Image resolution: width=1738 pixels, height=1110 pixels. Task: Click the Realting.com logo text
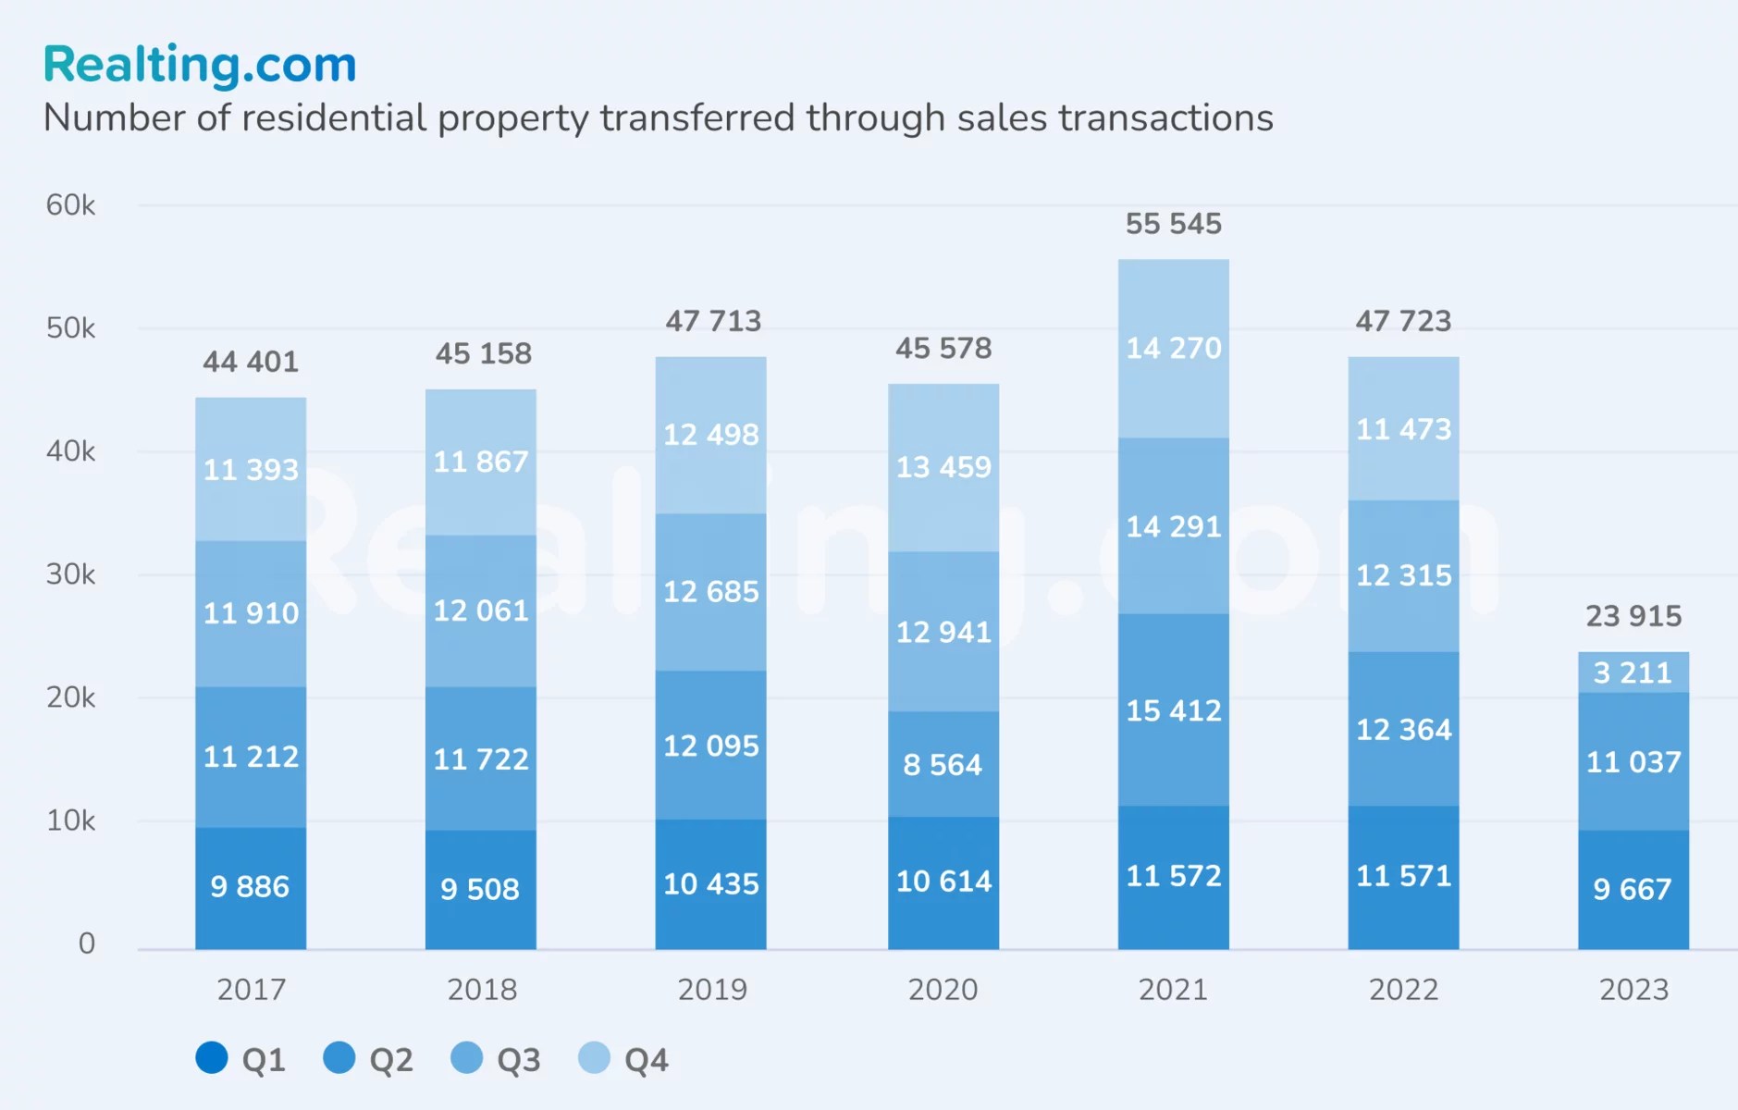point(199,65)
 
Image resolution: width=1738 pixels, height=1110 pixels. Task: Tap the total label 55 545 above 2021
point(1173,224)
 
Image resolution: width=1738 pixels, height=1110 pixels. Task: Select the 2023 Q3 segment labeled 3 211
point(1633,672)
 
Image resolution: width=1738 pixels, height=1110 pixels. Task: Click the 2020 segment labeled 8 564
point(943,764)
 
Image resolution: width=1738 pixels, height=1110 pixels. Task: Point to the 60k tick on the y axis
point(70,205)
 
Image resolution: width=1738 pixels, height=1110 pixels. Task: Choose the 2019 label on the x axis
point(711,990)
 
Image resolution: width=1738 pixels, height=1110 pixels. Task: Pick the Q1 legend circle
point(212,1058)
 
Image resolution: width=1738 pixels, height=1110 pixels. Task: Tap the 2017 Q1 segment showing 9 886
point(250,886)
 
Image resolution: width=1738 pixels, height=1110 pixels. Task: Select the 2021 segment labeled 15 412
point(1173,710)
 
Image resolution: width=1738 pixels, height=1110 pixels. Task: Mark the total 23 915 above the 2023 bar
point(1633,616)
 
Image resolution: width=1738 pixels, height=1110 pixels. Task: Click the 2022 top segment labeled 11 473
point(1403,429)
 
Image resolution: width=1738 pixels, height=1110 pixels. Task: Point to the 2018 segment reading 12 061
point(481,610)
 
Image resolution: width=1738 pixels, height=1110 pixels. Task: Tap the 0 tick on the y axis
point(86,943)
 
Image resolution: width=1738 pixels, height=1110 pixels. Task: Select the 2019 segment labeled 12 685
point(710,592)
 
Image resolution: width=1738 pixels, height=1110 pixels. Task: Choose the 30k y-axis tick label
point(70,574)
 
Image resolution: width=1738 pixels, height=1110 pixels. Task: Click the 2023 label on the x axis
point(1633,990)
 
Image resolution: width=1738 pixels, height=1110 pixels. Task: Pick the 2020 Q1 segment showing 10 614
point(943,881)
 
